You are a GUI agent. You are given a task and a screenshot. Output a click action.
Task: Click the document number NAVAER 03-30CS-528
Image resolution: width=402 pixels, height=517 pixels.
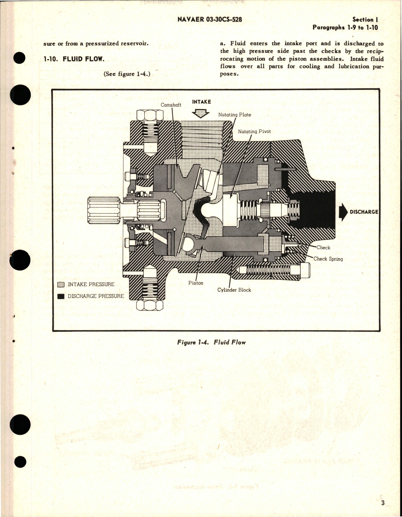(210, 20)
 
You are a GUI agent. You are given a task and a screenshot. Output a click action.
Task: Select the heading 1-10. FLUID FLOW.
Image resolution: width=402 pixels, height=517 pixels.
(74, 59)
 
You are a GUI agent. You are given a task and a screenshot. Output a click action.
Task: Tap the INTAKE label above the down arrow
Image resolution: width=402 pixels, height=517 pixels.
(201, 102)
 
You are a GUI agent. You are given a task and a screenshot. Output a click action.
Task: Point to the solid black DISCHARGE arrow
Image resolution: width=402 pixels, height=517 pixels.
(343, 212)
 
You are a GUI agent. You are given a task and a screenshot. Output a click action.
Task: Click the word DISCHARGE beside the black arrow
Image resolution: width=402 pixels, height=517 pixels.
(364, 212)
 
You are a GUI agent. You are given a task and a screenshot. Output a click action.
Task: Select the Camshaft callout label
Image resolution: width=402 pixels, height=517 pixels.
(171, 105)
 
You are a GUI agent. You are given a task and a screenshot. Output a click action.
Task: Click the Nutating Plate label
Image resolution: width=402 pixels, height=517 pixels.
(235, 115)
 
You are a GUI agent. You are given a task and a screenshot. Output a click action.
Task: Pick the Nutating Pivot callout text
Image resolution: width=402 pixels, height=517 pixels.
(254, 131)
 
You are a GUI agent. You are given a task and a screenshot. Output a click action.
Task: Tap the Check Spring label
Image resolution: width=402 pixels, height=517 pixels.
(328, 259)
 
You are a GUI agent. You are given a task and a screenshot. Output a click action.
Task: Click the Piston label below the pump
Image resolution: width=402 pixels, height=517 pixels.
(196, 283)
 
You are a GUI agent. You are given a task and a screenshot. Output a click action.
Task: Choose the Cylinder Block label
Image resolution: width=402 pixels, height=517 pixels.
(234, 290)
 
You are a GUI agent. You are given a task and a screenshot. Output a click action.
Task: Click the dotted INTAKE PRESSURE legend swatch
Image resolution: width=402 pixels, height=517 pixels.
(61, 284)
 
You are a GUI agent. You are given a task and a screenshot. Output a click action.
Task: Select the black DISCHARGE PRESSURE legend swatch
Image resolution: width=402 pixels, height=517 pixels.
(61, 296)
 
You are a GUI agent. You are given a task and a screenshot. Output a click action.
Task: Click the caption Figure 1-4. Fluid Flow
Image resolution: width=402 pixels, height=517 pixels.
(211, 342)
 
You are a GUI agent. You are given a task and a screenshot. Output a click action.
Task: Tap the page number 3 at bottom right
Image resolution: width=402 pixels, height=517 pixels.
(382, 503)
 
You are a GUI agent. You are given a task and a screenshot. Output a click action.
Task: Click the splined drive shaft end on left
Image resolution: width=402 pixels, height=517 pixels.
(104, 210)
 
